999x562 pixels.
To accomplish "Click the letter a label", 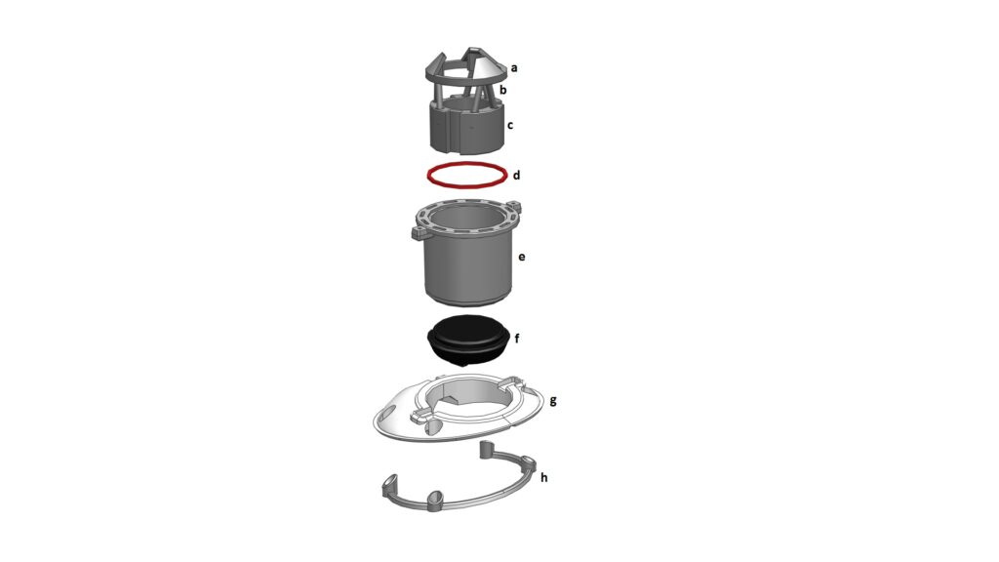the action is [x=514, y=67].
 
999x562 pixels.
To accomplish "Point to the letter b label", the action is [x=503, y=90].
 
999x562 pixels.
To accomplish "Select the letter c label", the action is [x=509, y=126].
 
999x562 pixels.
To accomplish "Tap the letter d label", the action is [x=516, y=175].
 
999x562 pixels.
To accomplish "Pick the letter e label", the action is [x=522, y=257].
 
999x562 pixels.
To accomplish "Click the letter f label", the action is [x=517, y=339].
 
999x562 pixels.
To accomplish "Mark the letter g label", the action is [x=553, y=401].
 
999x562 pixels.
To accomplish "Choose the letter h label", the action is [x=544, y=476].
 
